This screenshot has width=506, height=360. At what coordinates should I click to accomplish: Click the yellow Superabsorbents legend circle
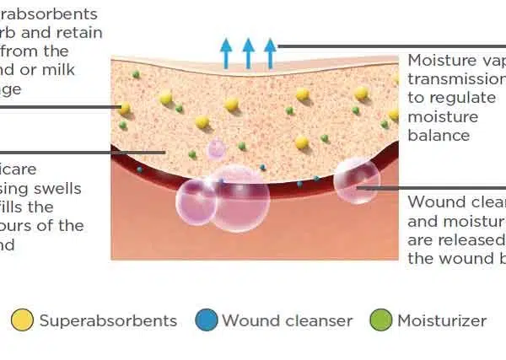23,320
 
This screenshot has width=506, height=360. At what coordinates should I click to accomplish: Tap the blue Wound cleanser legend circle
207,320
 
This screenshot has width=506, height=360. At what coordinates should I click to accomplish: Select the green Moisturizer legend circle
382,320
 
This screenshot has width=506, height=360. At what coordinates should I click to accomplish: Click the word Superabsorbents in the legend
108,321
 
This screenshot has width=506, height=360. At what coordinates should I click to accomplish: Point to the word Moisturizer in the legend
442,321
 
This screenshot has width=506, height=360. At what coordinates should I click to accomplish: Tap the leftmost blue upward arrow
226,52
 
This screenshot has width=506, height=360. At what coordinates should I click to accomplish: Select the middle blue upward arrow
248,52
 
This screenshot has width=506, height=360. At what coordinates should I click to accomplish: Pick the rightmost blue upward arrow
270,52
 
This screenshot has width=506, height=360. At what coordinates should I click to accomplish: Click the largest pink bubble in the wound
240,199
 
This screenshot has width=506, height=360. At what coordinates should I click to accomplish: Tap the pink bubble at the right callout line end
356,180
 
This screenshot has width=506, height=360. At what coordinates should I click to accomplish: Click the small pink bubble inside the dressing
217,149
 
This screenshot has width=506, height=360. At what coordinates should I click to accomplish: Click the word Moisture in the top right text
437,61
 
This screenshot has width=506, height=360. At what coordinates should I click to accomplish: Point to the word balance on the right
439,135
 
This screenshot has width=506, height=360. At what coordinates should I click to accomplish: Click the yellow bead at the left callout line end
124,107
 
